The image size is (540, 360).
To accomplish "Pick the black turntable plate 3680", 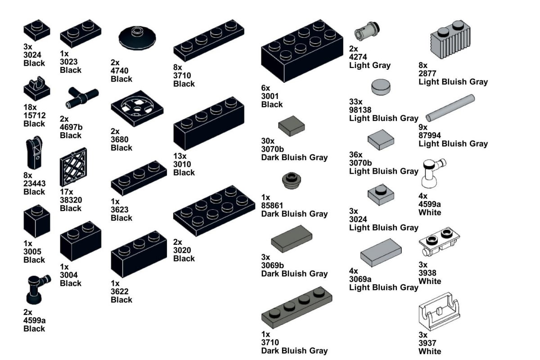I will pyautogui.click(x=137, y=109).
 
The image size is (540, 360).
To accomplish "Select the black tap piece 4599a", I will pyautogui.click(x=37, y=288).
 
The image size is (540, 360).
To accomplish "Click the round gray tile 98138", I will pyautogui.click(x=381, y=86).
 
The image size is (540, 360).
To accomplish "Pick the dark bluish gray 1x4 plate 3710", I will pyautogui.click(x=297, y=306).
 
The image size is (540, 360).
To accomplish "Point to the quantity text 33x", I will pyautogui.click(x=356, y=101).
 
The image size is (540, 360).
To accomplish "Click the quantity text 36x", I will pyautogui.click(x=356, y=154).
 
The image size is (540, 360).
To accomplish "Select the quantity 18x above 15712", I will pyautogui.click(x=30, y=108).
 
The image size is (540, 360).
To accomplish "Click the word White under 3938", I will pyautogui.click(x=430, y=281).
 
